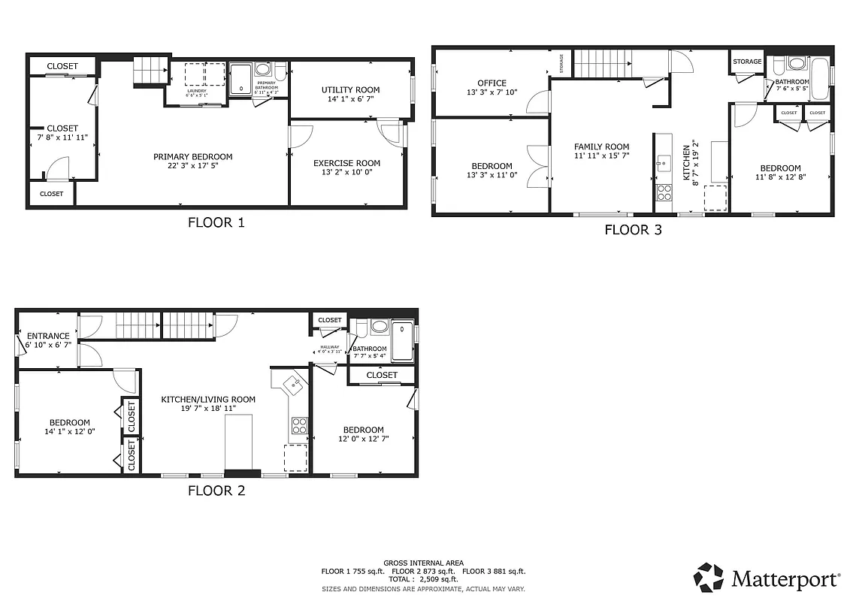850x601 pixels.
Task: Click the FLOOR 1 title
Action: pos(216,222)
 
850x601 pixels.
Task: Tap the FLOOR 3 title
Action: pos(633,230)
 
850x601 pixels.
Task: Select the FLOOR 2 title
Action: pos(216,491)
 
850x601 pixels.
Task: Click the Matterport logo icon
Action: pos(708,577)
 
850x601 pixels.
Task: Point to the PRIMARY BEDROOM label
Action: pos(192,157)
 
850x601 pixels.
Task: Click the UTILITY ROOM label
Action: pos(350,90)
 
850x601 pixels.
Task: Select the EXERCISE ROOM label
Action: pos(346,163)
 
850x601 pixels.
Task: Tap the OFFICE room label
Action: pos(492,83)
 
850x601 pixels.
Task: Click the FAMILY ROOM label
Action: pos(601,147)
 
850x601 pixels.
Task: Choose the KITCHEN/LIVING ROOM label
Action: pos(208,400)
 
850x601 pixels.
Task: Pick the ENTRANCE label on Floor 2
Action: pos(48,336)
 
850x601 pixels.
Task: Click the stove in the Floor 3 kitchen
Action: pos(664,192)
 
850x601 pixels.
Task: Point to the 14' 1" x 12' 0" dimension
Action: pos(69,432)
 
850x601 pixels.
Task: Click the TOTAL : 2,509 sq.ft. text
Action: pos(422,579)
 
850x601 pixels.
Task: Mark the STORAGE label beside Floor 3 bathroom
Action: pos(747,62)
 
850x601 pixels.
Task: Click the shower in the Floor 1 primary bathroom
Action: pos(240,78)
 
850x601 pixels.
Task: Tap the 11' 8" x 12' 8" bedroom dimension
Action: pos(779,178)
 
